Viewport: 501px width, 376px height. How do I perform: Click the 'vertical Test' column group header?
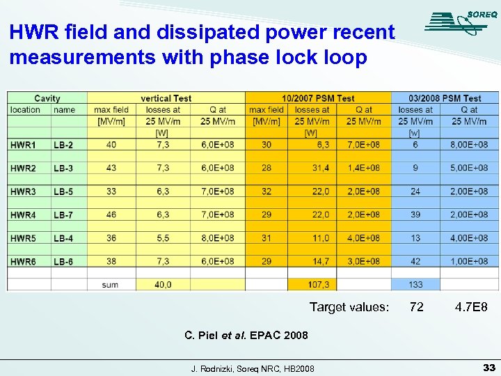click(166, 98)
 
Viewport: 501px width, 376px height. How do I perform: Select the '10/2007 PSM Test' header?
click(318, 98)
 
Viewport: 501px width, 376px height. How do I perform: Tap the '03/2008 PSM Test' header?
click(445, 98)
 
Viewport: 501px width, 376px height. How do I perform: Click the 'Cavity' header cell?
click(47, 98)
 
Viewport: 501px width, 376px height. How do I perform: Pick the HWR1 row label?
click(23, 145)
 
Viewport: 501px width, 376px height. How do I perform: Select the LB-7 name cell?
click(63, 214)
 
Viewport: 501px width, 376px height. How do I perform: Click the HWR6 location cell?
click(23, 261)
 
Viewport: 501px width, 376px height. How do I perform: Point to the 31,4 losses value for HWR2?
click(320, 168)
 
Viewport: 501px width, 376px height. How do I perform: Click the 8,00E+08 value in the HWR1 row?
click(469, 145)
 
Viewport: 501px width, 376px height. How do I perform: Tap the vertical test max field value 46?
click(111, 214)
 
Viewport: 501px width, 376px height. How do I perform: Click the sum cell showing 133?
click(415, 284)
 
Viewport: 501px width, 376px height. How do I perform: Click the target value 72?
click(416, 307)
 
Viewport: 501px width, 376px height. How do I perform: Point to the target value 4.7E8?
click(471, 307)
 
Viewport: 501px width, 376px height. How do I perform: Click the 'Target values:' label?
click(349, 307)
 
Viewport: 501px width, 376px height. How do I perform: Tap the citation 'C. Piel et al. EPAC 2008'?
click(246, 335)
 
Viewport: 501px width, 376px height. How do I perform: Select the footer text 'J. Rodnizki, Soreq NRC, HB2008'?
click(253, 368)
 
